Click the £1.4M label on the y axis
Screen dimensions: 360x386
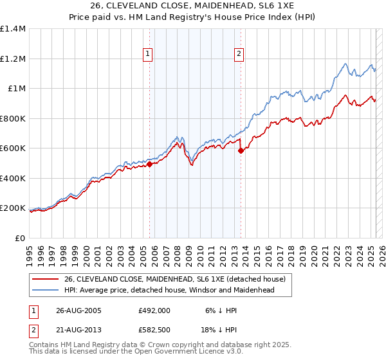[x=14, y=29]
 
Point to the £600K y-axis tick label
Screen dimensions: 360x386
[x=14, y=148]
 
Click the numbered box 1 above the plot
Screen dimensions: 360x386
[x=149, y=54]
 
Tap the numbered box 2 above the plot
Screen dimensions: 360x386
[x=239, y=54]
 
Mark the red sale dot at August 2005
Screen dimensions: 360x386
[x=149, y=165]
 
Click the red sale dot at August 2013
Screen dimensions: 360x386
[x=241, y=151]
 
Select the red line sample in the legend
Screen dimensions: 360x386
[x=44, y=279]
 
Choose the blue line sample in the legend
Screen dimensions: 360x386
[x=44, y=290]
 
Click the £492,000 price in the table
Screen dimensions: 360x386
[x=154, y=310]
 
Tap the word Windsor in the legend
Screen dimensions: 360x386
[x=205, y=290]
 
